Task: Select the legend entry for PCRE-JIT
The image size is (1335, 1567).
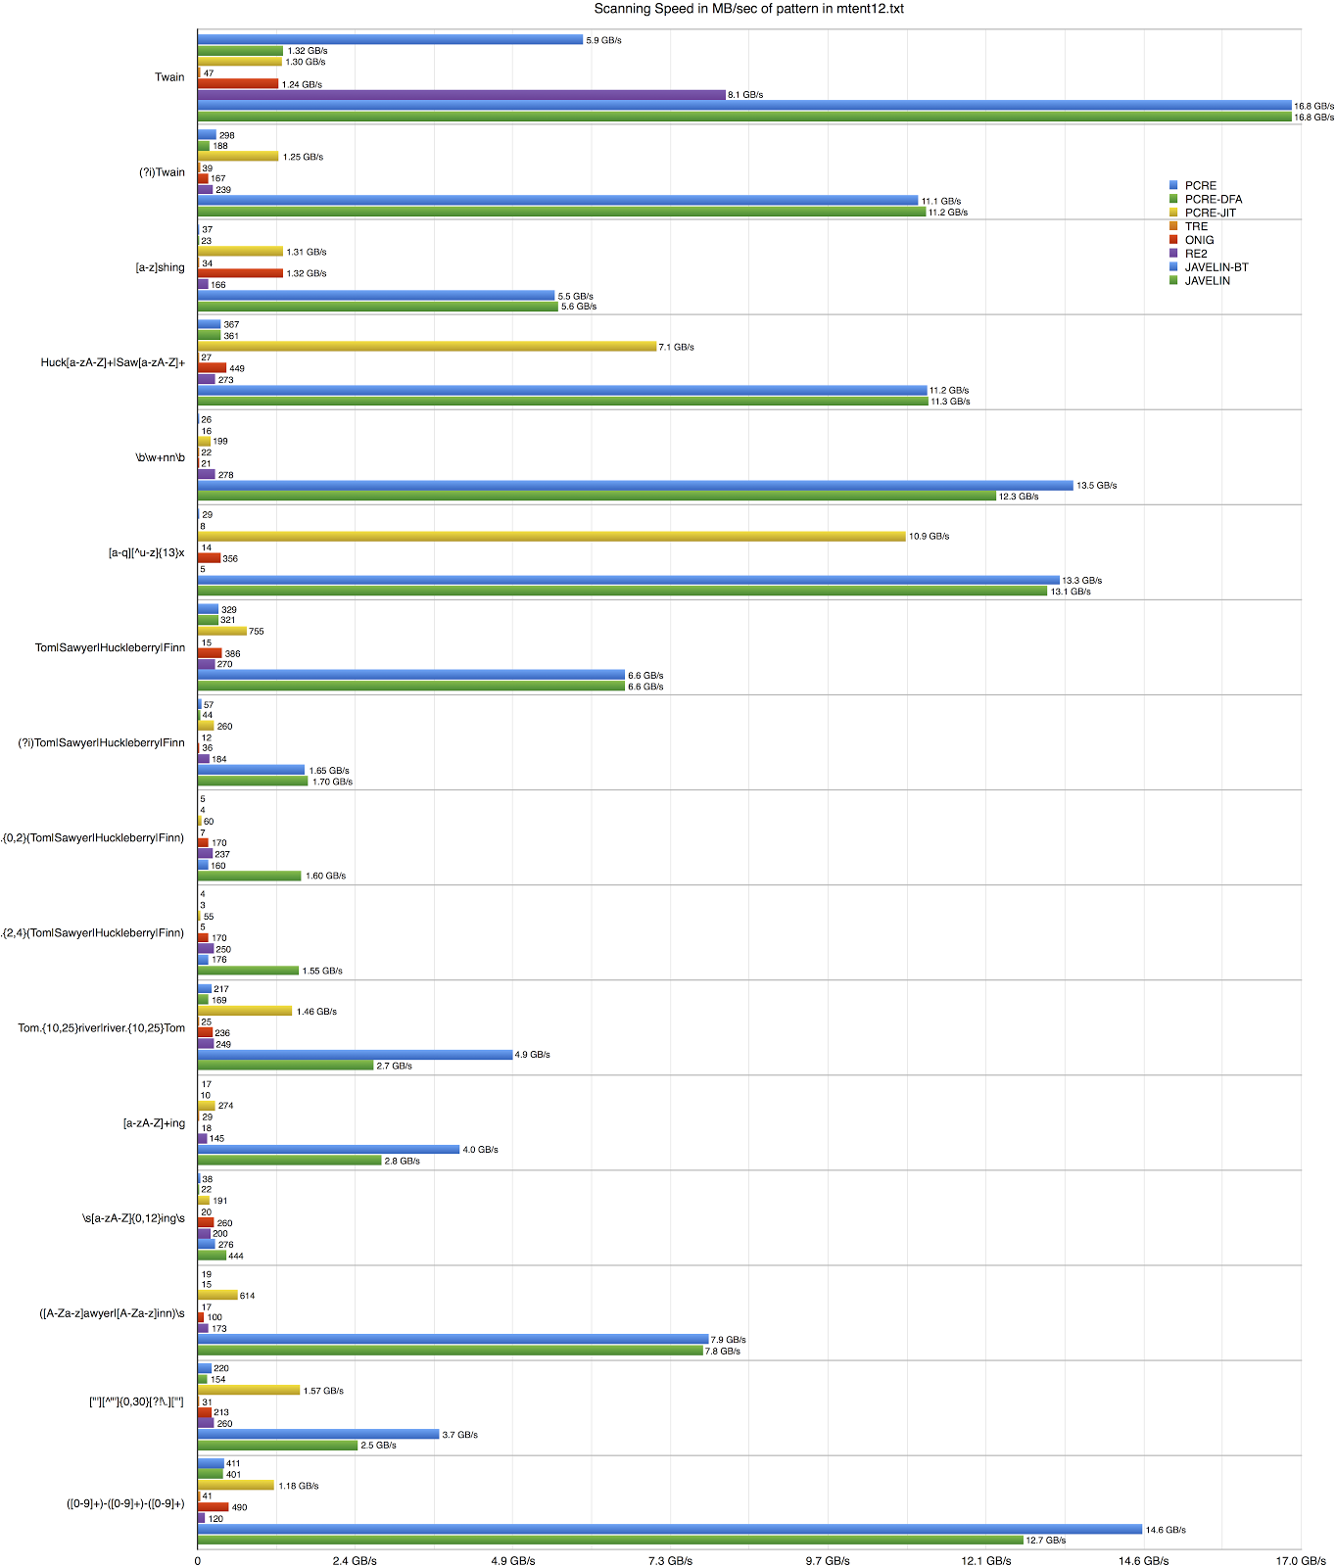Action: point(1210,213)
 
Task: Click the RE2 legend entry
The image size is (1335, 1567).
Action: point(1196,254)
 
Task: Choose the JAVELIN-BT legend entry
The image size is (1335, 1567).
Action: point(1216,267)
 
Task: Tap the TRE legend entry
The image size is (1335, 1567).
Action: point(1196,226)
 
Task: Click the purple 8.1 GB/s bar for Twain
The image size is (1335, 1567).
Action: point(460,95)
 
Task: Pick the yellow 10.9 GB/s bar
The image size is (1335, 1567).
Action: point(550,537)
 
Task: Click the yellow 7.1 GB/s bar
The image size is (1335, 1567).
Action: point(426,347)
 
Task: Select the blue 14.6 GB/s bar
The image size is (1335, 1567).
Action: point(669,1529)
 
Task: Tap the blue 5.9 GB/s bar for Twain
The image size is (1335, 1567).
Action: point(390,40)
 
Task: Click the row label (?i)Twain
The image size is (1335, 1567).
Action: point(162,172)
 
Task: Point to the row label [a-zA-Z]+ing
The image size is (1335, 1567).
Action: point(154,1123)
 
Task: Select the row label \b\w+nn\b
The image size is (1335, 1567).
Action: point(160,457)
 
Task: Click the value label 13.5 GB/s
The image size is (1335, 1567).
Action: point(1096,486)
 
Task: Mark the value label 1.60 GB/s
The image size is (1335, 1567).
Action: point(325,876)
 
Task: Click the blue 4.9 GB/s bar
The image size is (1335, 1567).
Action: point(355,1055)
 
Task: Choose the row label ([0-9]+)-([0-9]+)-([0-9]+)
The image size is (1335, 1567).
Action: point(125,1503)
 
